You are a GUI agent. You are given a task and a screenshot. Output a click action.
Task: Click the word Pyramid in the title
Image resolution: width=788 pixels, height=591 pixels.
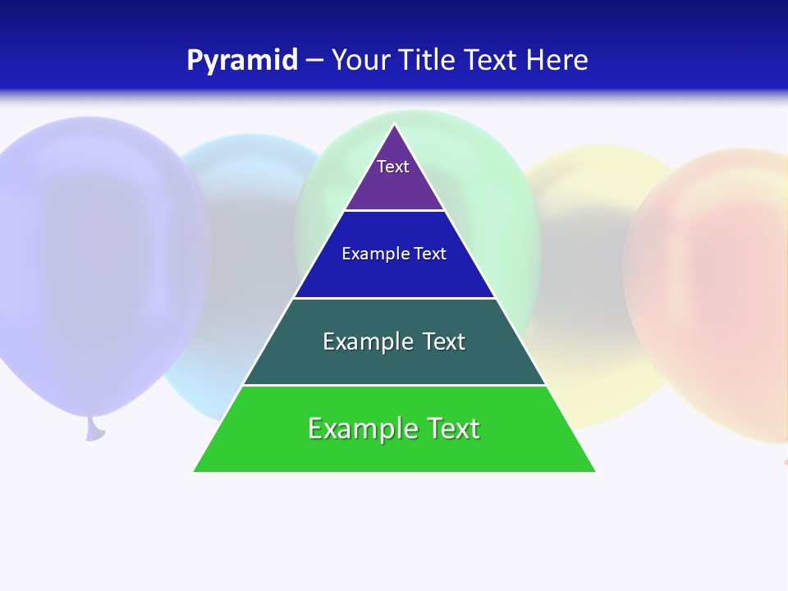[242, 61]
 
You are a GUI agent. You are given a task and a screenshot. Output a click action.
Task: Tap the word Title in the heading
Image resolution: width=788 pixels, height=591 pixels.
[428, 61]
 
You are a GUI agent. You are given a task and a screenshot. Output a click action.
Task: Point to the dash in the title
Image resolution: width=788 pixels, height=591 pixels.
[314, 61]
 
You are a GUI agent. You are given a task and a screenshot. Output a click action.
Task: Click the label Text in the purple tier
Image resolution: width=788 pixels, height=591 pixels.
[393, 167]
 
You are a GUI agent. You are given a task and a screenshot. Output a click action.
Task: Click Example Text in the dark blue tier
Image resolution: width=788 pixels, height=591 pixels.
[394, 254]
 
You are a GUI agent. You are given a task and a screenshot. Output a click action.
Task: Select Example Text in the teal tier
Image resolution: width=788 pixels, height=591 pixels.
[394, 341]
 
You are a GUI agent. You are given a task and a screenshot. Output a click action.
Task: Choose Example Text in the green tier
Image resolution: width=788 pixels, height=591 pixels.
[394, 428]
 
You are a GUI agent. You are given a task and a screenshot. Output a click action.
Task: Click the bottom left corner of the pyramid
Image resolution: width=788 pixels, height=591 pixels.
[195, 471]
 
